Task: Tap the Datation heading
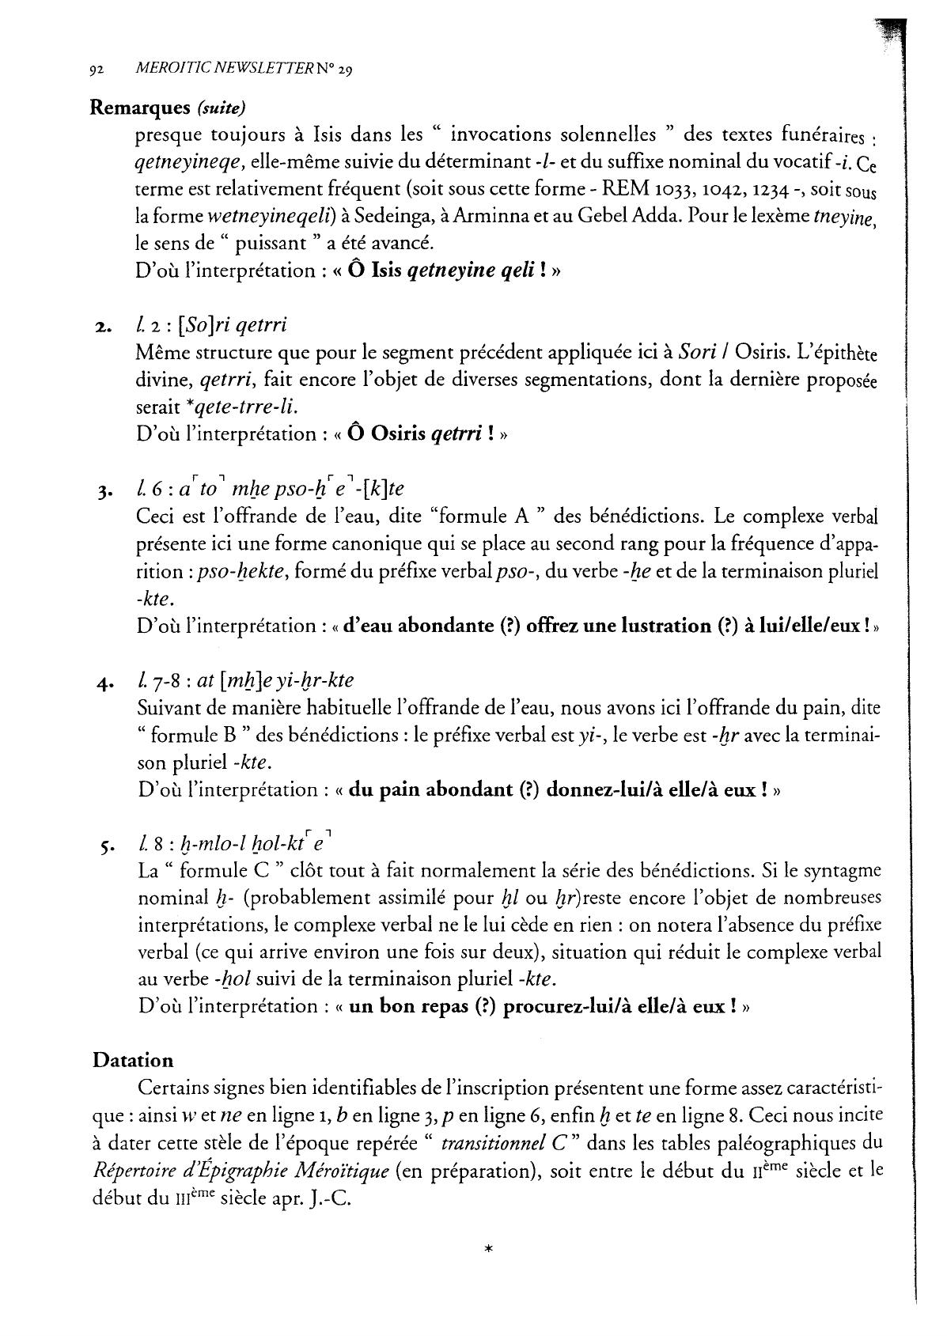(132, 1060)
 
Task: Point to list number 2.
(103, 327)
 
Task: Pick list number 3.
(103, 492)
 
